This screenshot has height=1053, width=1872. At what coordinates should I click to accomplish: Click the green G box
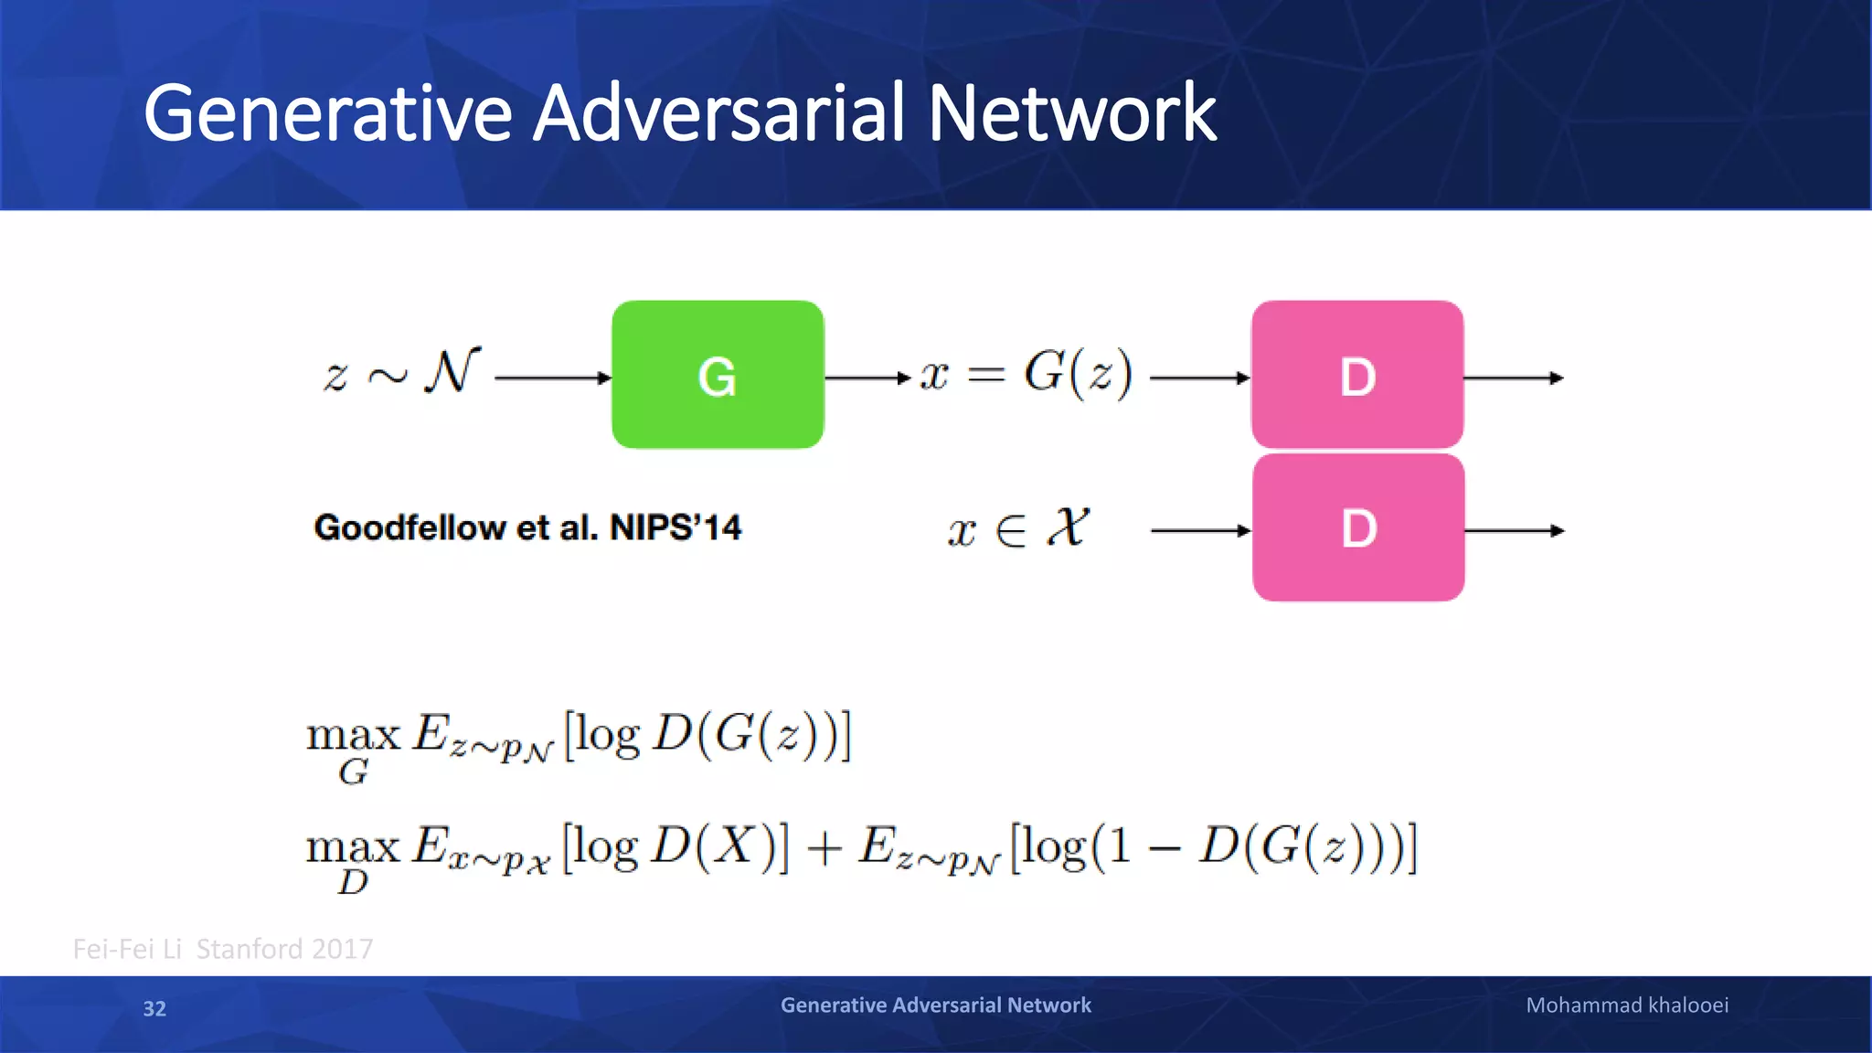click(x=718, y=375)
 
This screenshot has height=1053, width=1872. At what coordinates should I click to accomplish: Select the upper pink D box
click(x=1357, y=375)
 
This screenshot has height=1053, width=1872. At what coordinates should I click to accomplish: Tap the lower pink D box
click(x=1358, y=528)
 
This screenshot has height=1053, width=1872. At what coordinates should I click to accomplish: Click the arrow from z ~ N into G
click(x=552, y=378)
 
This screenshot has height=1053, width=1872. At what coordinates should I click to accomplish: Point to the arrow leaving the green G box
click(x=867, y=378)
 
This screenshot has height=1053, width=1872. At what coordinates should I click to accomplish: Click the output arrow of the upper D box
click(x=1514, y=378)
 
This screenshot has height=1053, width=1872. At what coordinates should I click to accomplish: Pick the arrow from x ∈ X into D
click(x=1200, y=530)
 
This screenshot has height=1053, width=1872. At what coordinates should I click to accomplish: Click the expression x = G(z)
click(x=1026, y=373)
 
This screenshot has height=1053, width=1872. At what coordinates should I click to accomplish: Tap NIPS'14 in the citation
click(x=675, y=527)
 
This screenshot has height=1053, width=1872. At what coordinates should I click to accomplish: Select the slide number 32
click(x=154, y=1008)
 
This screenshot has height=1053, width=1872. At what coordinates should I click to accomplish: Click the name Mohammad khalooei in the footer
click(x=1627, y=1005)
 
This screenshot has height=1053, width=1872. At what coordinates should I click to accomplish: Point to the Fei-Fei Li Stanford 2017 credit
click(x=223, y=949)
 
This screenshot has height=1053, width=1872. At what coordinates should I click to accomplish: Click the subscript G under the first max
click(x=353, y=773)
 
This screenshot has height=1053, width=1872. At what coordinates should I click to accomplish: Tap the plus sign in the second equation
click(x=824, y=847)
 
